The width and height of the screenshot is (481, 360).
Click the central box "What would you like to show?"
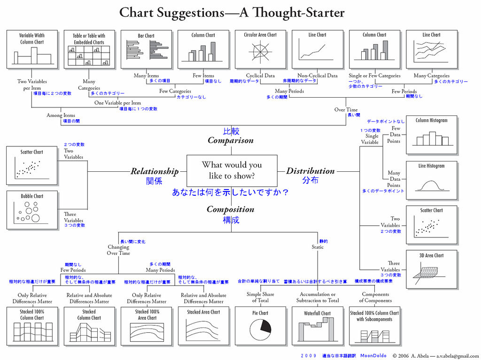click(x=232, y=170)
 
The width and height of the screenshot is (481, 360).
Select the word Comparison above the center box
click(x=230, y=140)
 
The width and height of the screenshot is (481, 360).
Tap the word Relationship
click(x=155, y=171)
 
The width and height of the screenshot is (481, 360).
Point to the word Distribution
click(x=310, y=171)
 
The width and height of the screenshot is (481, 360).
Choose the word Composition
click(x=230, y=209)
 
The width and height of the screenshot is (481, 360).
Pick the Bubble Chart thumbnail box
click(x=32, y=210)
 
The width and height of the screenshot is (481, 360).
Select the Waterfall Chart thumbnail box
click(x=317, y=326)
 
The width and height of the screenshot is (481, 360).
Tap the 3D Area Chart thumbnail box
click(x=431, y=270)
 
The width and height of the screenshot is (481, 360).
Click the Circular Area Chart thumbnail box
click(x=260, y=49)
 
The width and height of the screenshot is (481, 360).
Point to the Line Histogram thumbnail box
click(x=431, y=181)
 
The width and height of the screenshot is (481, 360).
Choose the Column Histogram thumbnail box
click(x=431, y=134)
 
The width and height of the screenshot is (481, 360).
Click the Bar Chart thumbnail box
click(x=146, y=49)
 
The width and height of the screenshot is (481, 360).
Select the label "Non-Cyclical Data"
click(x=318, y=76)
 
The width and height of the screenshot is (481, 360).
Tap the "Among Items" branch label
click(x=61, y=115)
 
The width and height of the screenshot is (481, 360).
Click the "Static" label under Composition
click(x=318, y=247)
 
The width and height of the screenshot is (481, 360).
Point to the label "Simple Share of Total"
click(x=260, y=297)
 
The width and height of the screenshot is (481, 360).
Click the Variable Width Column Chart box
click(x=32, y=49)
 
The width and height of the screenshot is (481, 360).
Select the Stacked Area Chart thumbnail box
click(x=203, y=326)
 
